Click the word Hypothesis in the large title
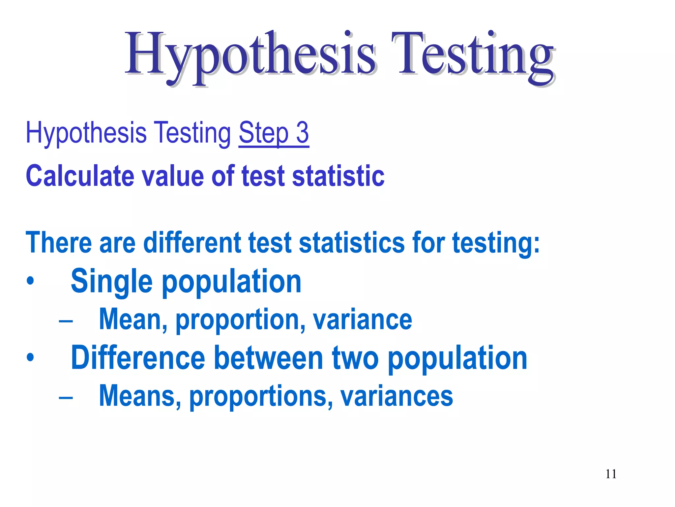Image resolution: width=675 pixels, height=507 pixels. tap(250, 54)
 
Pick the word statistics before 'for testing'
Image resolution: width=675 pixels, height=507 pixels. tap(351, 243)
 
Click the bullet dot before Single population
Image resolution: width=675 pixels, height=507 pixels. tap(30, 281)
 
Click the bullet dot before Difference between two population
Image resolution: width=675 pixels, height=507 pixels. tap(30, 357)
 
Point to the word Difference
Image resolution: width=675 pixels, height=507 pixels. tap(138, 358)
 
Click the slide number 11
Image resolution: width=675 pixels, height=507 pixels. tap(611, 474)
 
